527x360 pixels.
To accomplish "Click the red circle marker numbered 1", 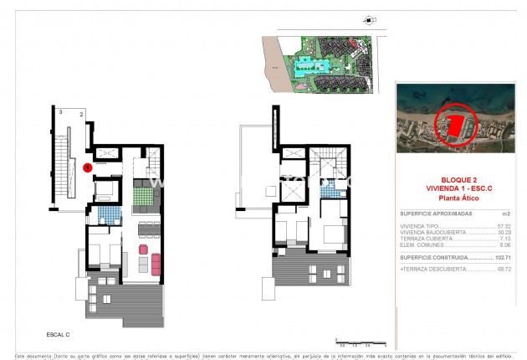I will coord(89,167).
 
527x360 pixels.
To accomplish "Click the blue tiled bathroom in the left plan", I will coord(105,217).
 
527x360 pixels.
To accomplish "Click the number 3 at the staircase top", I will coord(60,111).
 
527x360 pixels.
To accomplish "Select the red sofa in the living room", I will coord(141,250).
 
